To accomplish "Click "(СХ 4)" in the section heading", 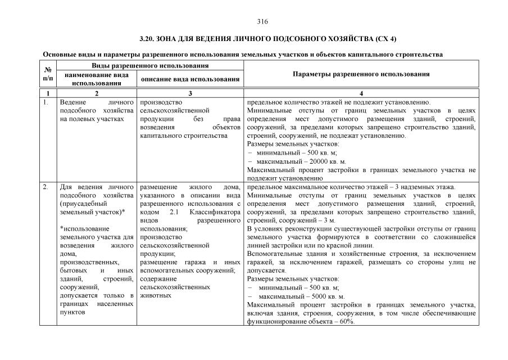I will tap(384, 39).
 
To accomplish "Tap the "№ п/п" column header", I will tap(48, 74).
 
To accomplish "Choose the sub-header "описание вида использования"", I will tap(190, 79).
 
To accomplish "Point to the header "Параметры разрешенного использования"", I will tap(361, 74).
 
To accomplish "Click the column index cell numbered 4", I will tap(361, 93).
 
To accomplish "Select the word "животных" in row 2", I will tap(155, 294).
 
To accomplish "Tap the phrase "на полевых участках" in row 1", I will tap(91, 119).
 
